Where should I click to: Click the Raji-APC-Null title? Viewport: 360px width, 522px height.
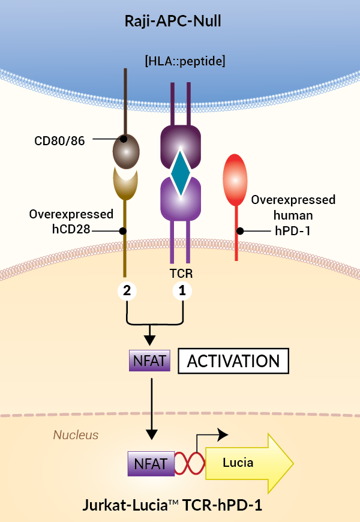click(180, 22)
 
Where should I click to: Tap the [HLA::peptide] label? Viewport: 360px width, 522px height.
click(180, 61)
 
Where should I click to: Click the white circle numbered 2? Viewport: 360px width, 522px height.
click(127, 291)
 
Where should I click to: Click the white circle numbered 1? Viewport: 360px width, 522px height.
click(182, 291)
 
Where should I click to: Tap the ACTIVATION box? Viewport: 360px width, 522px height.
click(233, 361)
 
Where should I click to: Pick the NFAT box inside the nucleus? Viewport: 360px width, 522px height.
click(150, 463)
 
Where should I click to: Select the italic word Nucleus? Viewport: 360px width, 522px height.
click(76, 434)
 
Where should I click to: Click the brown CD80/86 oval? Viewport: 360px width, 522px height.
click(126, 149)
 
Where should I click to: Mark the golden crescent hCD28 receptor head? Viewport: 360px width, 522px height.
click(126, 184)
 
